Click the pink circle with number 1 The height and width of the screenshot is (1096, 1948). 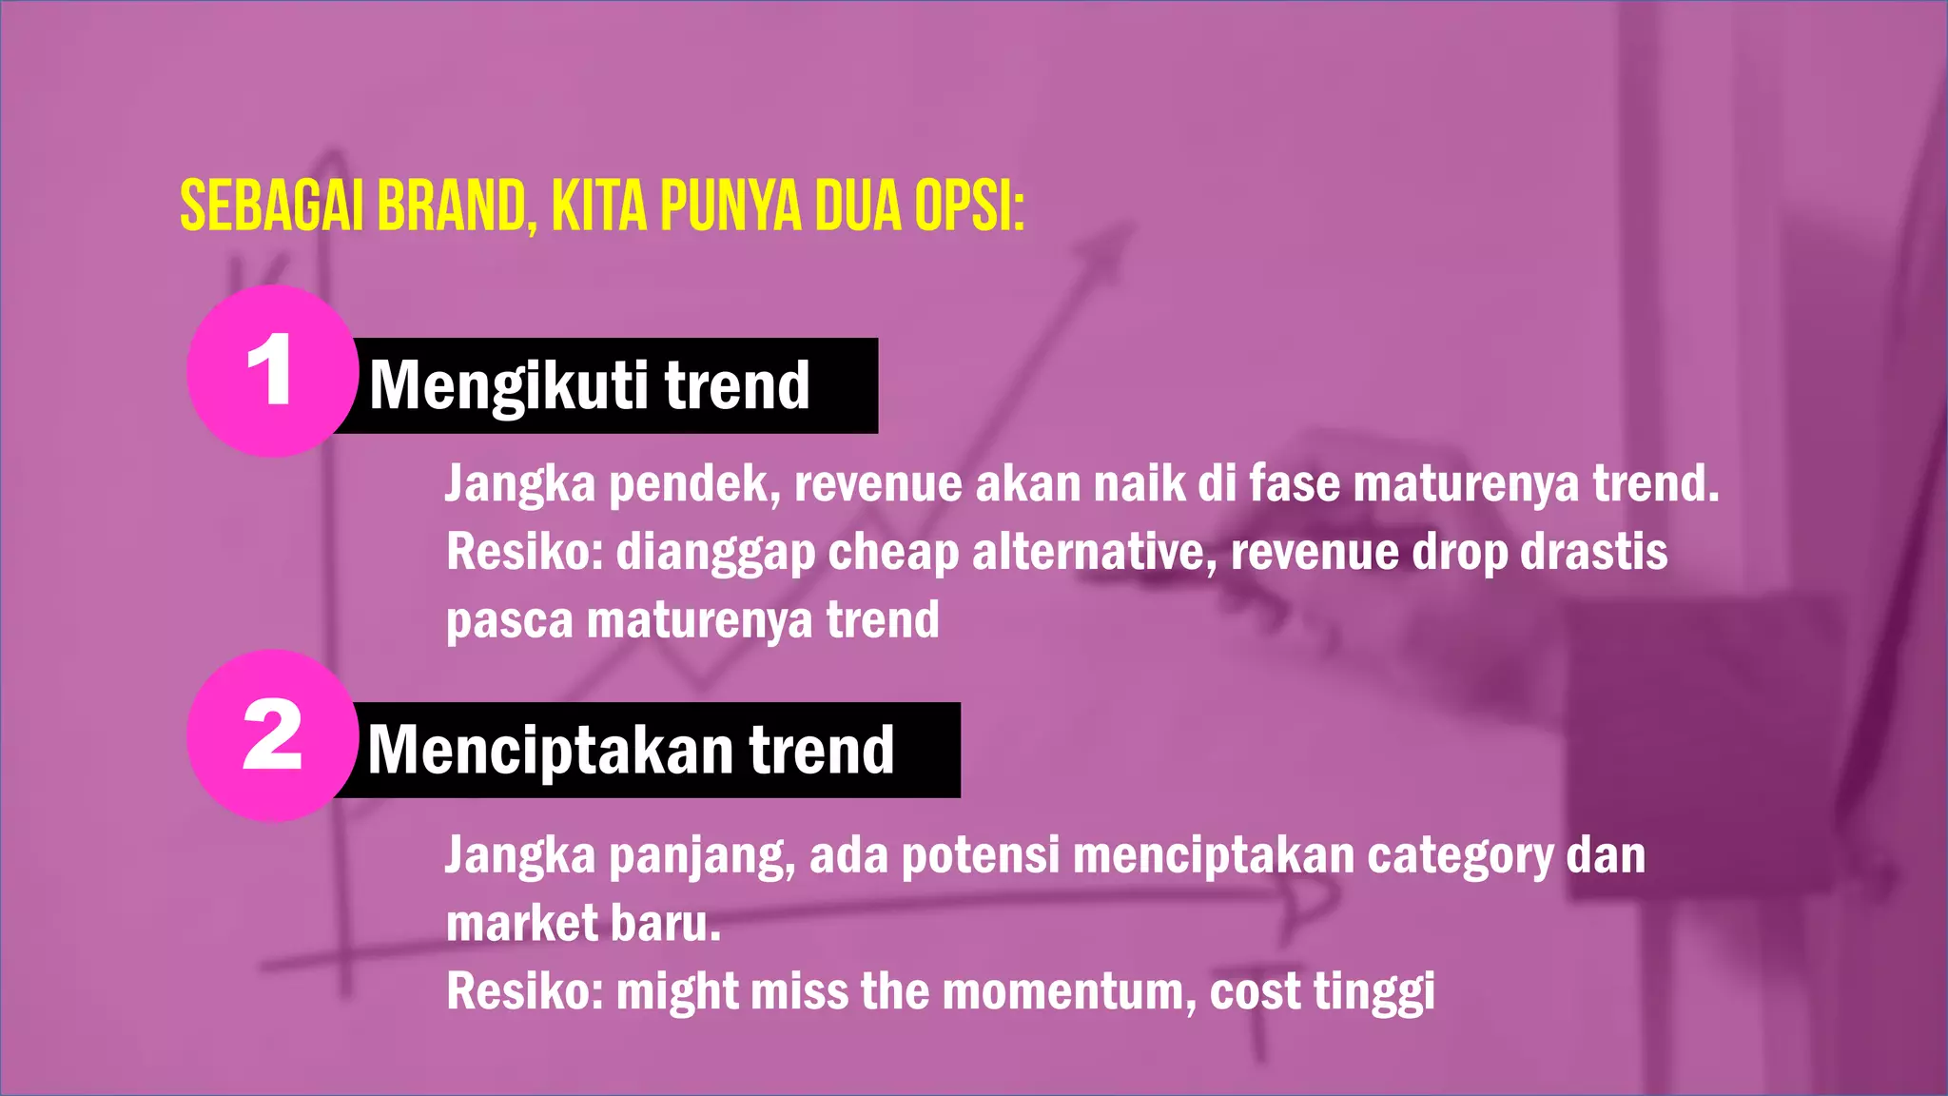tap(272, 370)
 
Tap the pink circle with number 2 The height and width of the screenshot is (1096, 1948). tap(272, 735)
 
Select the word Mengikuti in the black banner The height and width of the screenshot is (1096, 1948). tap(508, 385)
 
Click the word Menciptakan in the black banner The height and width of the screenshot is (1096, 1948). tap(550, 751)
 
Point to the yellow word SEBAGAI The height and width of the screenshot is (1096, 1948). tap(272, 205)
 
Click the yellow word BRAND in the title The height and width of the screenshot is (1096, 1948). tap(452, 205)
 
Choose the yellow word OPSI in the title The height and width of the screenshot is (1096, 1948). tap(964, 205)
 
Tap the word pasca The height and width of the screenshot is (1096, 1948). tap(510, 620)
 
